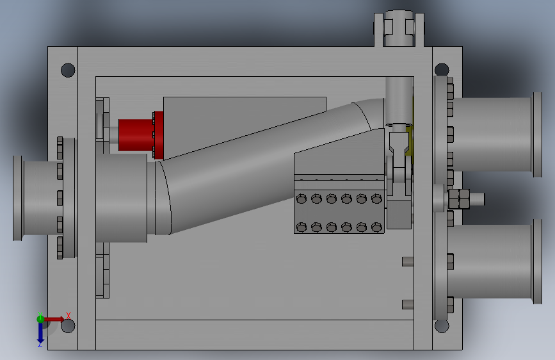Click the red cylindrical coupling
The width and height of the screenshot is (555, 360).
coord(141,135)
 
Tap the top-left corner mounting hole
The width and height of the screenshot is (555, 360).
coord(68,70)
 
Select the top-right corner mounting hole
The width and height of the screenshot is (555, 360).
coord(442,70)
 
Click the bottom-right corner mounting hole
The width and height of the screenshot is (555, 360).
coord(442,325)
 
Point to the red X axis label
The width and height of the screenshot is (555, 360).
coord(68,315)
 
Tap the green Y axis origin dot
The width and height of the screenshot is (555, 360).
coord(40,319)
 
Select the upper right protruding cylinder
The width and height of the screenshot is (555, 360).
coord(495,135)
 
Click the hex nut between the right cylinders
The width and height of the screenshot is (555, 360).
coord(459,199)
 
